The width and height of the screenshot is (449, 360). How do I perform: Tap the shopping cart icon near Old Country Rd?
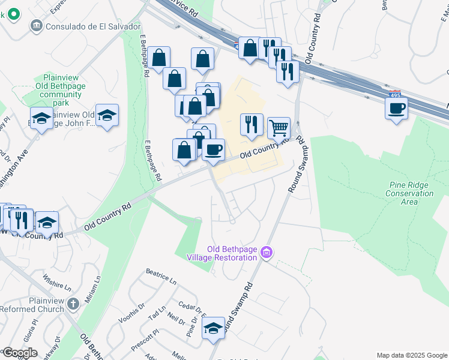point(279,127)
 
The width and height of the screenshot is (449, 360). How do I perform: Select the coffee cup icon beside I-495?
point(396,109)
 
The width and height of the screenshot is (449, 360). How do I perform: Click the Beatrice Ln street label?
point(161,276)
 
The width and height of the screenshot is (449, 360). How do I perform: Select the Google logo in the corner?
point(19,353)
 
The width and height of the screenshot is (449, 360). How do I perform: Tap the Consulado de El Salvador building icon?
point(36,26)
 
